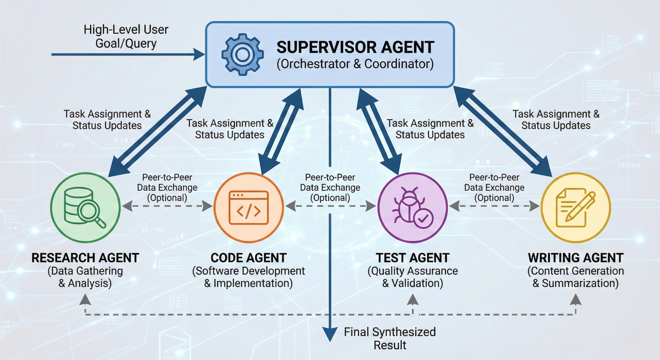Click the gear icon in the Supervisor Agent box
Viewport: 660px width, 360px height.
(242, 54)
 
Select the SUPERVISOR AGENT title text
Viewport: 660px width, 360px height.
(355, 47)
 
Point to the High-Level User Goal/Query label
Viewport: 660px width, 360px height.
(126, 37)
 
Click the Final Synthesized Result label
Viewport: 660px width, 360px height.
(390, 338)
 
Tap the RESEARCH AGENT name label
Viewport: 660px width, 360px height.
(85, 257)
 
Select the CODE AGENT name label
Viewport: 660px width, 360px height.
(248, 257)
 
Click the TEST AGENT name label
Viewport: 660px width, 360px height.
(412, 257)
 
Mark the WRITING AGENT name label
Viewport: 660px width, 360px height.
(576, 257)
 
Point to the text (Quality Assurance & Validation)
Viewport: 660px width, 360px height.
(412, 277)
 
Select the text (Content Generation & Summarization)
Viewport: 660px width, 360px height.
(576, 277)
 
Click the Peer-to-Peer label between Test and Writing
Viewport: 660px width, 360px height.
(494, 187)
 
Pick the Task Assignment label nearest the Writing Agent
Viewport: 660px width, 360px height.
(556, 120)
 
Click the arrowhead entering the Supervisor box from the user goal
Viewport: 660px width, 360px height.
(199, 55)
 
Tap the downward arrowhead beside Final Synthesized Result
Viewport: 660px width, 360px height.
(330, 333)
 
